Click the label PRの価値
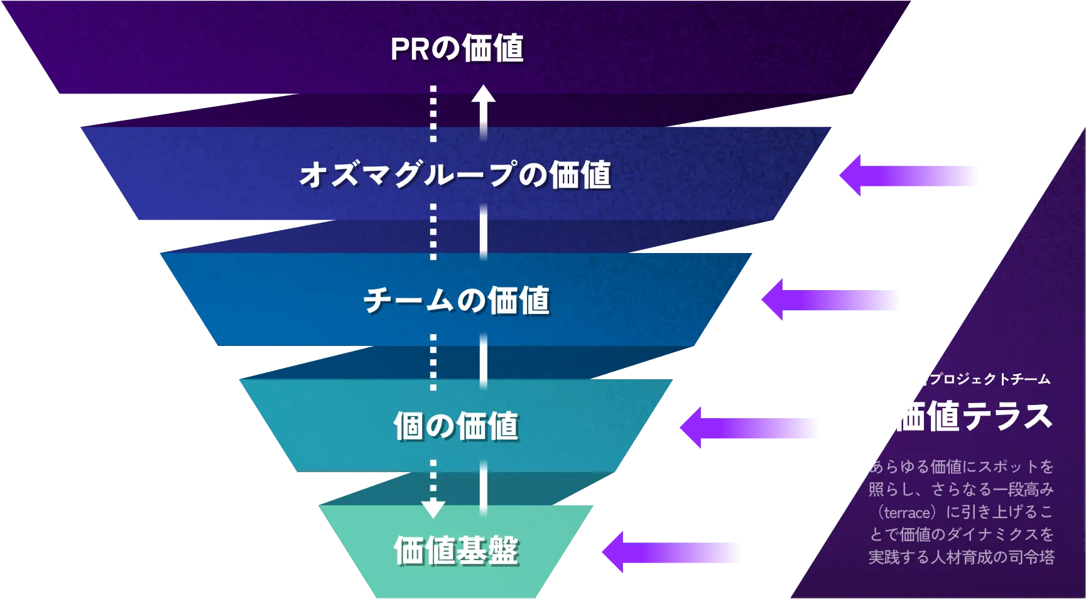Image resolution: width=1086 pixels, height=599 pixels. coord(457,48)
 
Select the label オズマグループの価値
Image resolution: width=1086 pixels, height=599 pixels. coord(455,175)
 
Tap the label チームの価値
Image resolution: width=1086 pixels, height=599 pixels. coord(457,300)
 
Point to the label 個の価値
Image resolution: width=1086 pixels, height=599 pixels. coord(456,426)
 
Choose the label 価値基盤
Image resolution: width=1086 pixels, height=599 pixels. coord(456,551)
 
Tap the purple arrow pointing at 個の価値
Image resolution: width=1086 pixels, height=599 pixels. coord(749,428)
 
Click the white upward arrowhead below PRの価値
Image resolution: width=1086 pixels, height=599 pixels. coord(484,95)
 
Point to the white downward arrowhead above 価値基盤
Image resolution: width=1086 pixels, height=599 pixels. coord(433,508)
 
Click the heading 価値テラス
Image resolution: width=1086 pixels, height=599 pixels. coord(972,416)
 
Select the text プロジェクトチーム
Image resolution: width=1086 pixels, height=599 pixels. coord(989,379)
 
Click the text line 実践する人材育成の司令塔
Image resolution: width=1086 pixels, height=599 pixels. coord(961,557)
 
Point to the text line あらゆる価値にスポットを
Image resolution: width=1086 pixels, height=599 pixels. coord(961,467)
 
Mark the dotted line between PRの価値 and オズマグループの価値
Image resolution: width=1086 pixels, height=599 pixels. coord(433,113)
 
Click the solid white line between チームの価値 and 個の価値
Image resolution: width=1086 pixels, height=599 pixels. coord(483,361)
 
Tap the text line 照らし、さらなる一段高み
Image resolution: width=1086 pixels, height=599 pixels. coord(961,489)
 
